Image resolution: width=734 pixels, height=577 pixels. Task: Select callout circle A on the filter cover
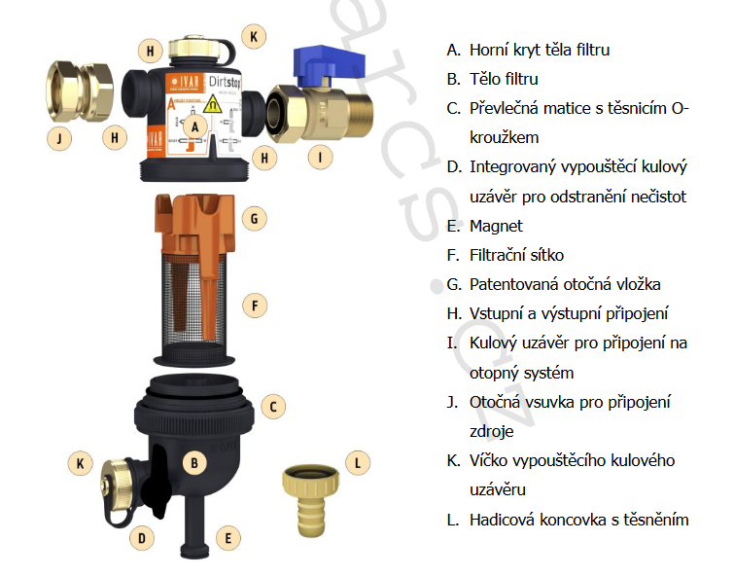(195, 126)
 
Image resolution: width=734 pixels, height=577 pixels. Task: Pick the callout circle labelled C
(274, 407)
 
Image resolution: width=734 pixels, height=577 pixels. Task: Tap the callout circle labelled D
(141, 536)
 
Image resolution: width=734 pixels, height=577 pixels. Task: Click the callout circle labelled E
(227, 536)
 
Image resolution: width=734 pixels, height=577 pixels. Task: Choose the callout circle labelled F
(254, 306)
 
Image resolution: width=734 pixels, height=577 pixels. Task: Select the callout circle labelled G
(254, 218)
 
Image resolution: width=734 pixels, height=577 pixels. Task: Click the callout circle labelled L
(358, 462)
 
